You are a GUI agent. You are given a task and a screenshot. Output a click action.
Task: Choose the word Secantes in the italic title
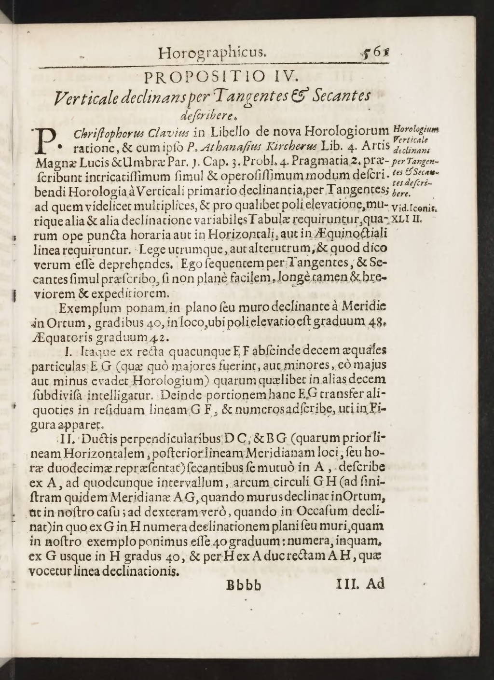point(342,96)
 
